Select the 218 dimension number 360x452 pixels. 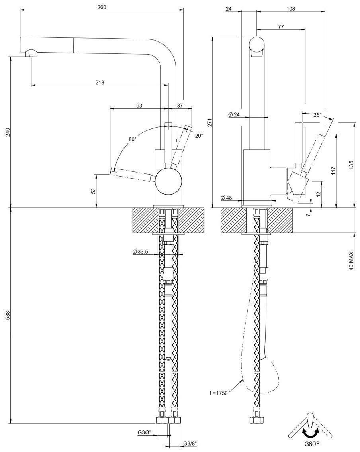[x=100, y=83]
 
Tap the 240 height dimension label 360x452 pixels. [x=6, y=132]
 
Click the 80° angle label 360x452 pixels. [x=132, y=139]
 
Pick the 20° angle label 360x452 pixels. [x=198, y=136]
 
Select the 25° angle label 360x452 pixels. [x=317, y=115]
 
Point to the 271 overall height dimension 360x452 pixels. [x=210, y=122]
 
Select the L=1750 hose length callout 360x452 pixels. [x=219, y=393]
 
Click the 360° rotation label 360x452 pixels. [x=312, y=443]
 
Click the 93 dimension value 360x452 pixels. [x=139, y=106]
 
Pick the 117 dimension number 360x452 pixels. [x=333, y=170]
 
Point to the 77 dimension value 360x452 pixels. [x=281, y=26]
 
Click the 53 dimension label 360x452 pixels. [x=93, y=191]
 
